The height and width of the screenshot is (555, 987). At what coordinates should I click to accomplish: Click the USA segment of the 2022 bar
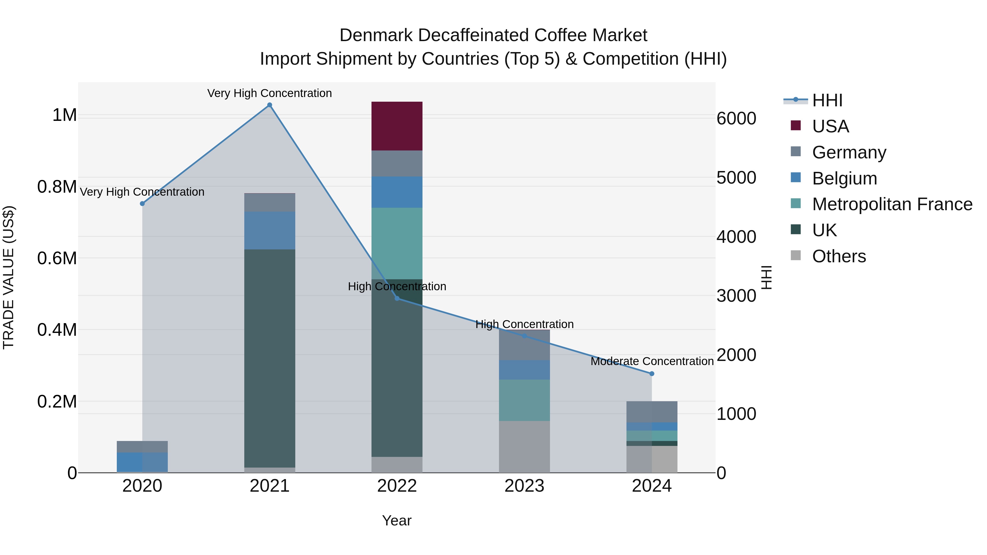pos(397,126)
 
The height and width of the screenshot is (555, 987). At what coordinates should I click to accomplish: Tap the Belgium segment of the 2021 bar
pos(270,230)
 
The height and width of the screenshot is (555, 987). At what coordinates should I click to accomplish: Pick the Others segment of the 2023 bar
pos(524,447)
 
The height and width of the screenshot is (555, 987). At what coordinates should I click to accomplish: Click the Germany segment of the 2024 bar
pos(652,412)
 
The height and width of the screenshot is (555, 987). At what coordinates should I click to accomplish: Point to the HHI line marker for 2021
pos(270,105)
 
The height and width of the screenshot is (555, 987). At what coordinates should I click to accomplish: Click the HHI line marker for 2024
pos(652,374)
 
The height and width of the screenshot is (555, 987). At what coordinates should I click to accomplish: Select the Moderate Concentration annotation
pos(652,361)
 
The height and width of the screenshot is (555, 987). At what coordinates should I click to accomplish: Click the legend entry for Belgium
pos(844,178)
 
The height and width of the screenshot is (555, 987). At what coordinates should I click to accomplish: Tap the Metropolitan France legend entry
pos(892,204)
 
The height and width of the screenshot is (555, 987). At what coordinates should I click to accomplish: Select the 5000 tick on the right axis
pos(736,178)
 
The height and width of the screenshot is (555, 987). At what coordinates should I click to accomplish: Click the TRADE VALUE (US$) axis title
pos(9,277)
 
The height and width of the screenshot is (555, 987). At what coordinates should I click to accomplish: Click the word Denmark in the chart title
pos(376,35)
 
